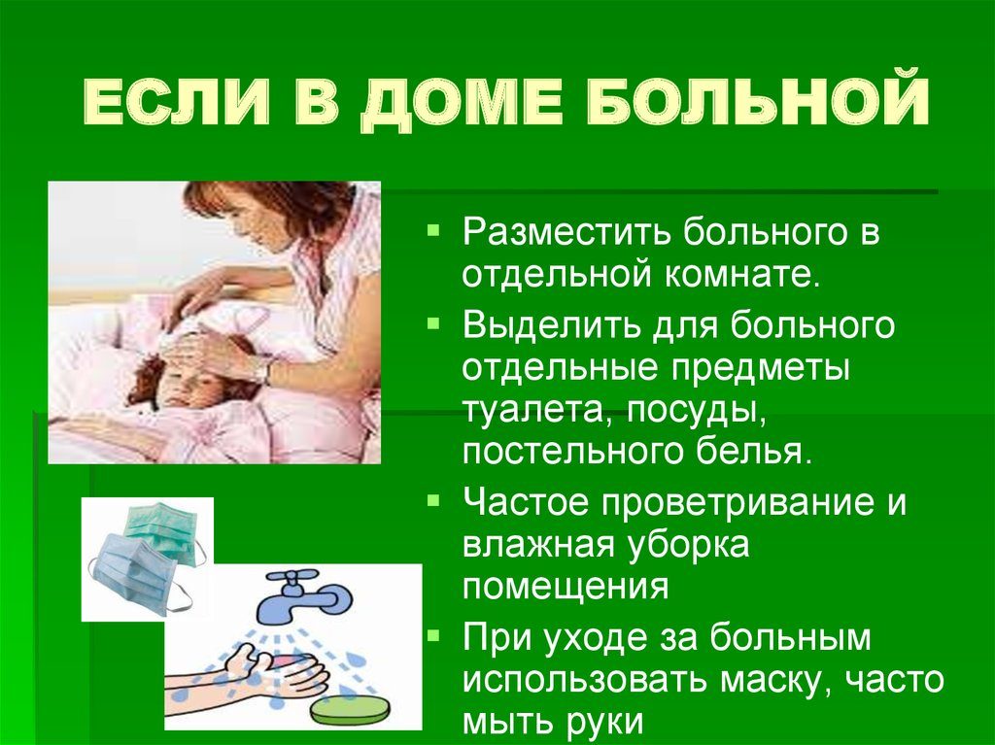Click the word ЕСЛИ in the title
click(176, 102)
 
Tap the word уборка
click(689, 547)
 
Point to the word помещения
click(566, 588)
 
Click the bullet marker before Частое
click(433, 500)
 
